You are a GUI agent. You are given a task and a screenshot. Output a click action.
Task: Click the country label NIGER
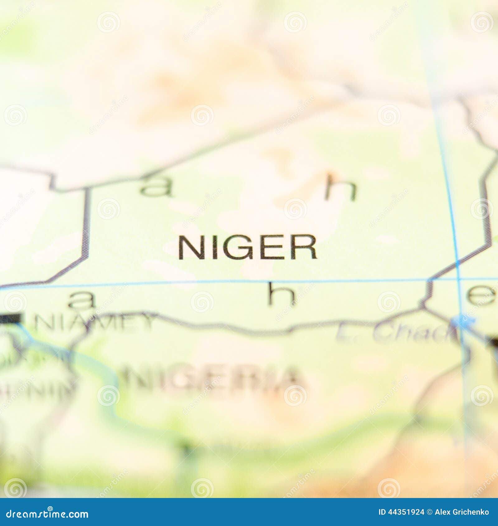247,247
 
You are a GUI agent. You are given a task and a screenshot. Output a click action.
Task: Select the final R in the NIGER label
306,247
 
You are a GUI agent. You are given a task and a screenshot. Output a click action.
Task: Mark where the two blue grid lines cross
458,279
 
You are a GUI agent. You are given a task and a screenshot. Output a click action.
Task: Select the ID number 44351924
401,512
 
